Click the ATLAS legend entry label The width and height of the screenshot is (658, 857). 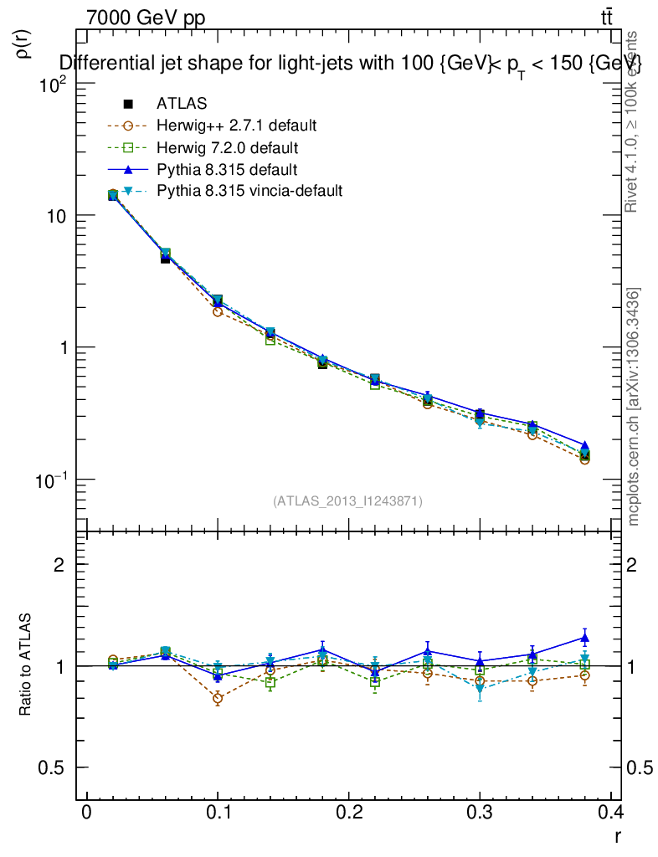[182, 104]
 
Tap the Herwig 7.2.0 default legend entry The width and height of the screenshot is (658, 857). [227, 147]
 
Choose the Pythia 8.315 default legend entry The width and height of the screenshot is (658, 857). [227, 169]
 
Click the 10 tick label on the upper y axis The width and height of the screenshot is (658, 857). [55, 216]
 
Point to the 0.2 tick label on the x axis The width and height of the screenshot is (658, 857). [348, 813]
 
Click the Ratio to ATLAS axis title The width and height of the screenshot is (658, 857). [26, 665]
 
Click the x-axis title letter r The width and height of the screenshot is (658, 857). [617, 835]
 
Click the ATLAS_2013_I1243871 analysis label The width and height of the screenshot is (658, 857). [347, 501]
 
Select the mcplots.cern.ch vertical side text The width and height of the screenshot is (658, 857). [635, 407]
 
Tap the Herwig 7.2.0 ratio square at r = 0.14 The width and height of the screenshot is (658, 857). [270, 683]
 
